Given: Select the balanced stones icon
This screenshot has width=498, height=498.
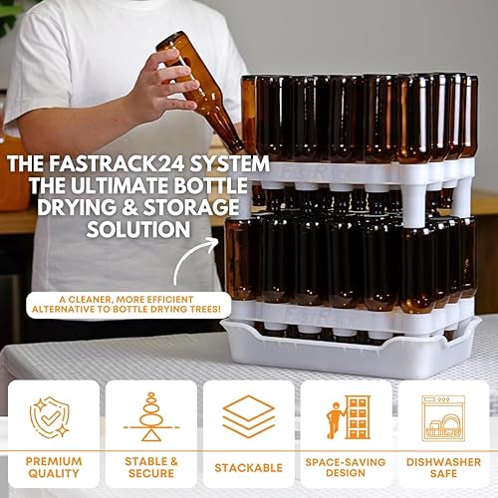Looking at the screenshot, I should [x=150, y=416].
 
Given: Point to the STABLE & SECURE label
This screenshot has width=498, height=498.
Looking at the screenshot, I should [x=150, y=467].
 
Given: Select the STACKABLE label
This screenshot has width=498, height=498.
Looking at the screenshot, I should [x=249, y=467].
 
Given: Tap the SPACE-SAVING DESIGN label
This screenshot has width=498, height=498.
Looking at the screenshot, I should [x=346, y=467].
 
